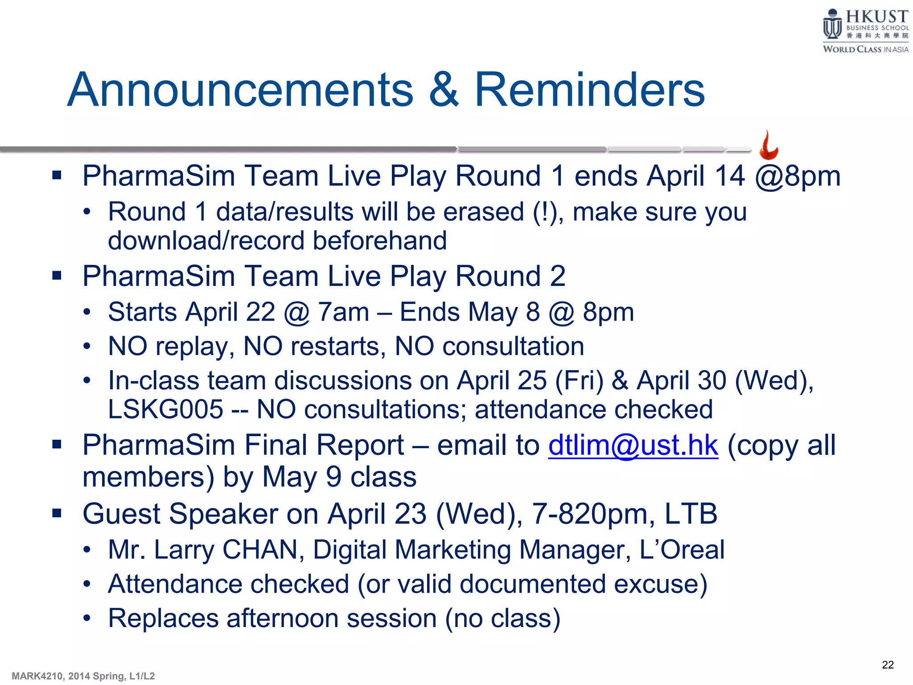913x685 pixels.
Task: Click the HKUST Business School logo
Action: [865, 30]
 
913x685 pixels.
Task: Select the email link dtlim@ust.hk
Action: [633, 445]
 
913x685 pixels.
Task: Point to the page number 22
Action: [888, 665]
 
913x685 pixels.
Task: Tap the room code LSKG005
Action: [165, 409]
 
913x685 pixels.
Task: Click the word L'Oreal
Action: [682, 549]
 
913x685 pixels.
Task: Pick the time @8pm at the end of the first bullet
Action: [798, 176]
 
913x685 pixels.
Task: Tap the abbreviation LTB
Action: [691, 514]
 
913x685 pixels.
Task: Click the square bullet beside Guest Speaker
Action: [57, 513]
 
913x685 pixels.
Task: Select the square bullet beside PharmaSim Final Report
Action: [57, 444]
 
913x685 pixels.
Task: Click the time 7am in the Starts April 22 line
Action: [343, 312]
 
